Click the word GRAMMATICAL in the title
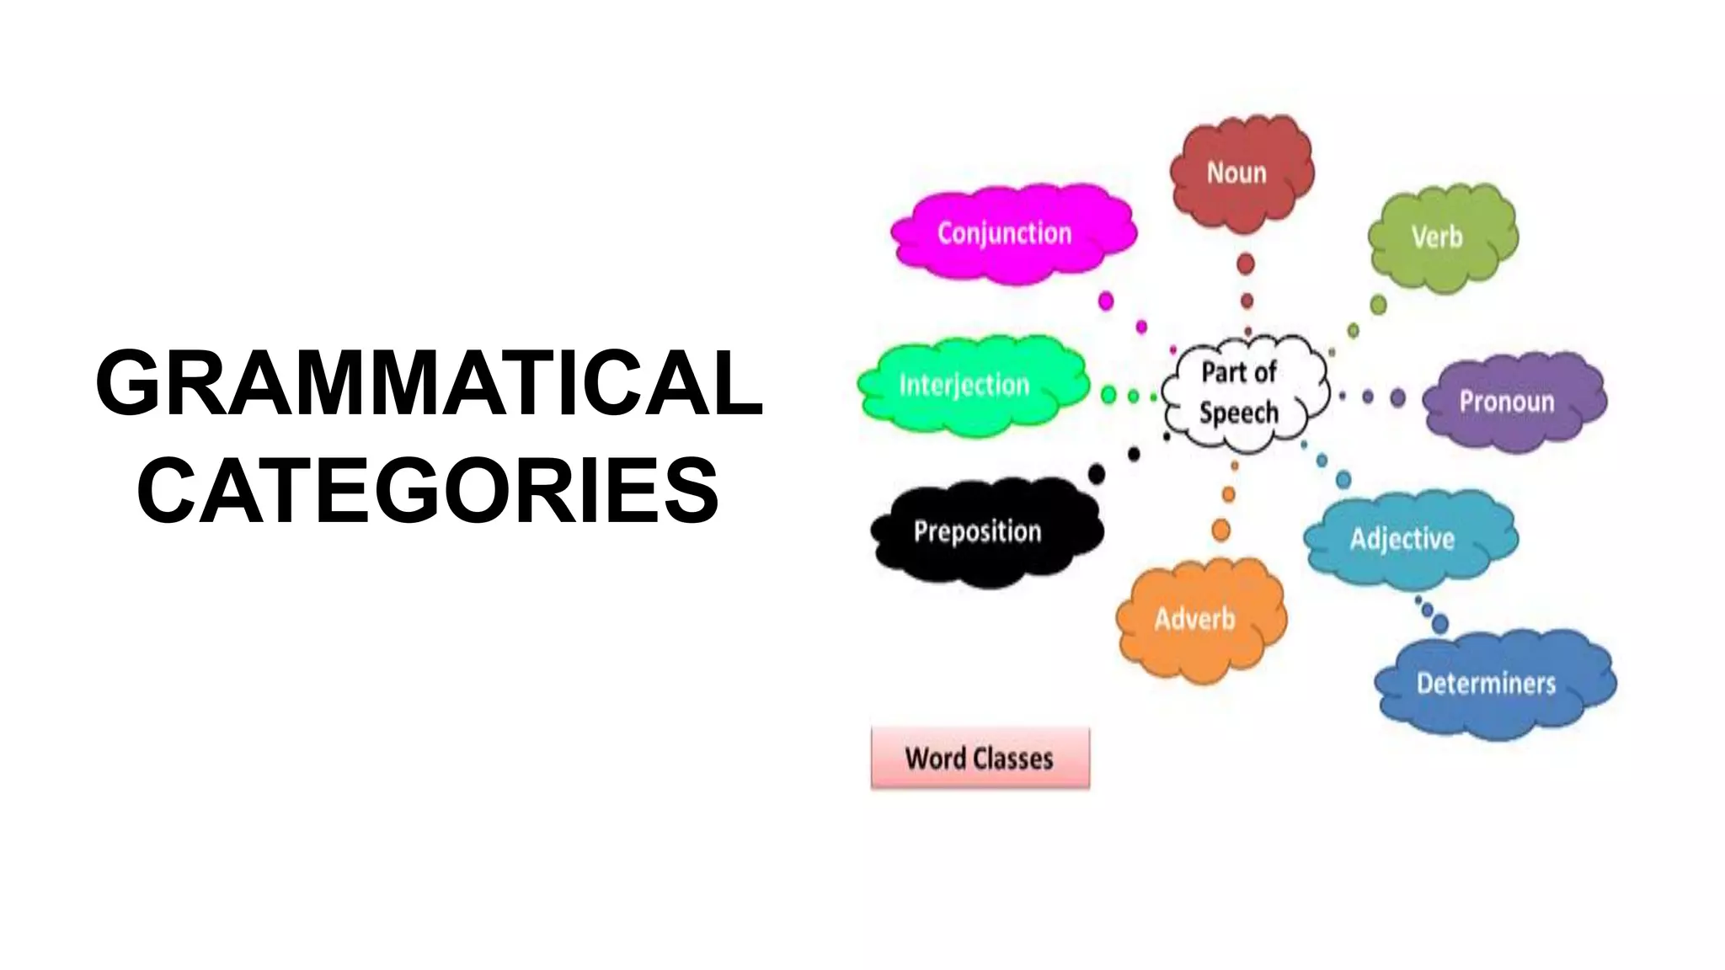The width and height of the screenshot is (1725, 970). [430, 383]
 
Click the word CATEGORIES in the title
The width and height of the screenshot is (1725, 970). [428, 491]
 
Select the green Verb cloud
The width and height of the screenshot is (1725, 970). [1441, 237]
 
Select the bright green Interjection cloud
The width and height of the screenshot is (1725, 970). [969, 385]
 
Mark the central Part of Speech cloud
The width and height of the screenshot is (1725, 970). [1242, 392]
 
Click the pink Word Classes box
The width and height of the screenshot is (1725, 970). [980, 758]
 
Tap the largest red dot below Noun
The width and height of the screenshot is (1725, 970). [1246, 264]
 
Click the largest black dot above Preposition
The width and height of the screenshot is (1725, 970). [1097, 474]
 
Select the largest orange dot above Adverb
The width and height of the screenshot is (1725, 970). [1220, 530]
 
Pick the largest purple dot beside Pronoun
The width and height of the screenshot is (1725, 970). [1398, 397]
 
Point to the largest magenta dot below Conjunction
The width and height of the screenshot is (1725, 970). [1106, 301]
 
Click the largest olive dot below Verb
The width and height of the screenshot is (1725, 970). [1379, 304]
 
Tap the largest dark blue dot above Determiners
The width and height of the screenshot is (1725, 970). [1440, 624]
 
